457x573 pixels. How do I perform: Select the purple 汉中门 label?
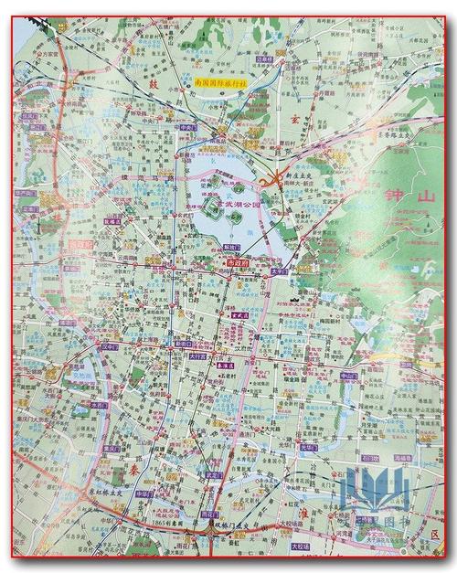coord(112,348)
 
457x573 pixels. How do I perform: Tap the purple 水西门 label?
coord(99,403)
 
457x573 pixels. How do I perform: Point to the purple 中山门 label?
coord(347,374)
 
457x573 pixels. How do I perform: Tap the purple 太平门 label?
coord(280,271)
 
